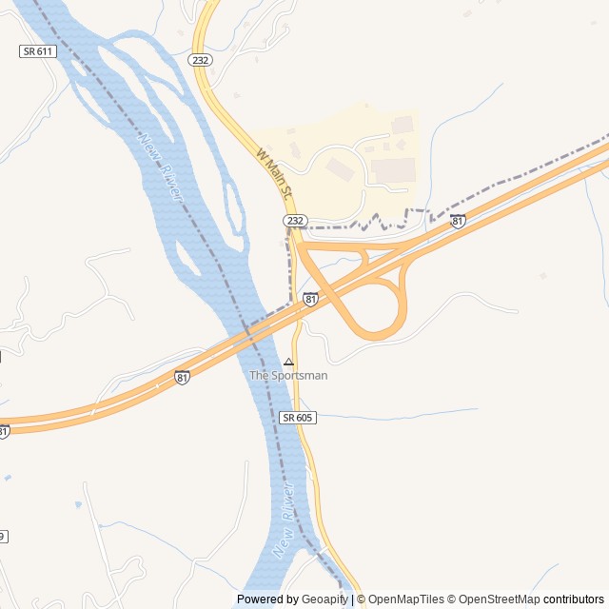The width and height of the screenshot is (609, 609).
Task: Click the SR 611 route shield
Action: pyautogui.click(x=37, y=50)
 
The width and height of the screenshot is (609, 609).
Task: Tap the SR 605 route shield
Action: pyautogui.click(x=297, y=418)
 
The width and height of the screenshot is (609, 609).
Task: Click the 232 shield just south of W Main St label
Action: pyautogui.click(x=295, y=221)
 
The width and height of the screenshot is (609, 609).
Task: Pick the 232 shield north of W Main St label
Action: pyautogui.click(x=200, y=59)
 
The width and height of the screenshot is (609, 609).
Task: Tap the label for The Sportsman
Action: pyautogui.click(x=288, y=376)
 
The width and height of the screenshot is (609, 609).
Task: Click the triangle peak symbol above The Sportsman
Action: pyautogui.click(x=288, y=362)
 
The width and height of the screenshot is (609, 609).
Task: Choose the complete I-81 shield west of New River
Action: pyautogui.click(x=182, y=377)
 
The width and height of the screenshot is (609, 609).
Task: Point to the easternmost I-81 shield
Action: pyautogui.click(x=458, y=221)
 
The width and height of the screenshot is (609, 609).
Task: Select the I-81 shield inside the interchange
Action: pyautogui.click(x=310, y=299)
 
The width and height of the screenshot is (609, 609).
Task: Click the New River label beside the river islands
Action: pyautogui.click(x=161, y=166)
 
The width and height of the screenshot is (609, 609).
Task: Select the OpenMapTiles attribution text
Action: pyautogui.click(x=405, y=599)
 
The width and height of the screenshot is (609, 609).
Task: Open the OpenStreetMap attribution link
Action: pyautogui.click(x=499, y=599)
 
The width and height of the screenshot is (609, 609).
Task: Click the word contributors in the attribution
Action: pyautogui.click(x=574, y=599)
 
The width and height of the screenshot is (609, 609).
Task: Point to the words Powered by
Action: pyautogui.click(x=267, y=599)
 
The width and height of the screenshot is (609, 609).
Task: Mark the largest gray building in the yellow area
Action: pyautogui.click(x=393, y=170)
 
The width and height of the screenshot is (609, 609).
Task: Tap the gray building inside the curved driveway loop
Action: pyautogui.click(x=338, y=167)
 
